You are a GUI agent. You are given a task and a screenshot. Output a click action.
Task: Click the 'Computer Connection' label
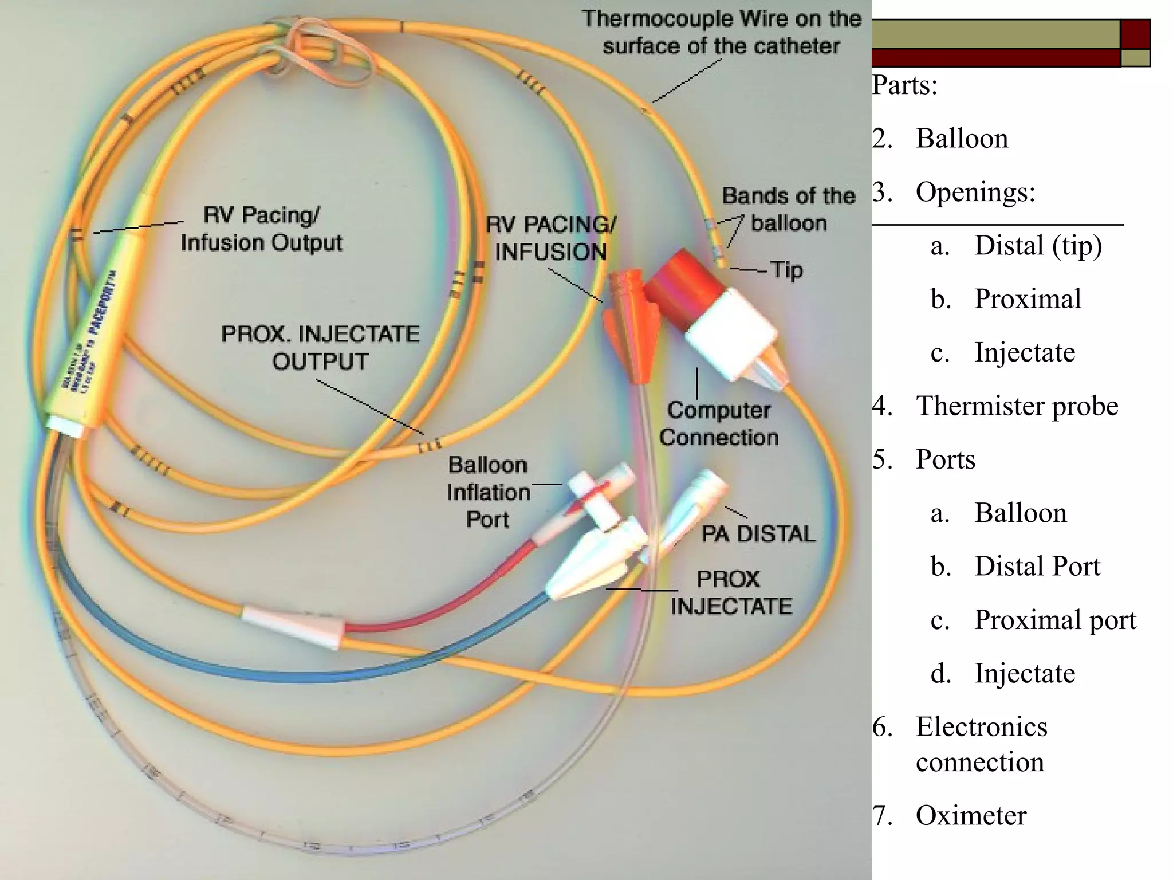[719, 424]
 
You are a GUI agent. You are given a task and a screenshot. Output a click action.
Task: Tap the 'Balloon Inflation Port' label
[488, 492]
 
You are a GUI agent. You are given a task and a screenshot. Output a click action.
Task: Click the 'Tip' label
[786, 270]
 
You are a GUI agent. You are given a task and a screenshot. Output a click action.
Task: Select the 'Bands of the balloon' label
[789, 209]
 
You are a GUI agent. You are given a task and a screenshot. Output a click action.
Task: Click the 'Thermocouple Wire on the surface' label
[722, 32]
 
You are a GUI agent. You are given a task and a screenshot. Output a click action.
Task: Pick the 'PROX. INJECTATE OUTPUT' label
[320, 347]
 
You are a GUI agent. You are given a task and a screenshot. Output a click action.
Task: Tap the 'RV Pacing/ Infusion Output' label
[262, 229]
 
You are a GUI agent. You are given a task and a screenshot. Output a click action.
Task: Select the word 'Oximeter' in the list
[971, 815]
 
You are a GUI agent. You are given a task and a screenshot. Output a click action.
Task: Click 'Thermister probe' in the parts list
[1017, 406]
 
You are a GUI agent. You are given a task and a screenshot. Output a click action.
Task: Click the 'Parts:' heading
[905, 85]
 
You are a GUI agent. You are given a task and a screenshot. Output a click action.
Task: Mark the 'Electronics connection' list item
[981, 744]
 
